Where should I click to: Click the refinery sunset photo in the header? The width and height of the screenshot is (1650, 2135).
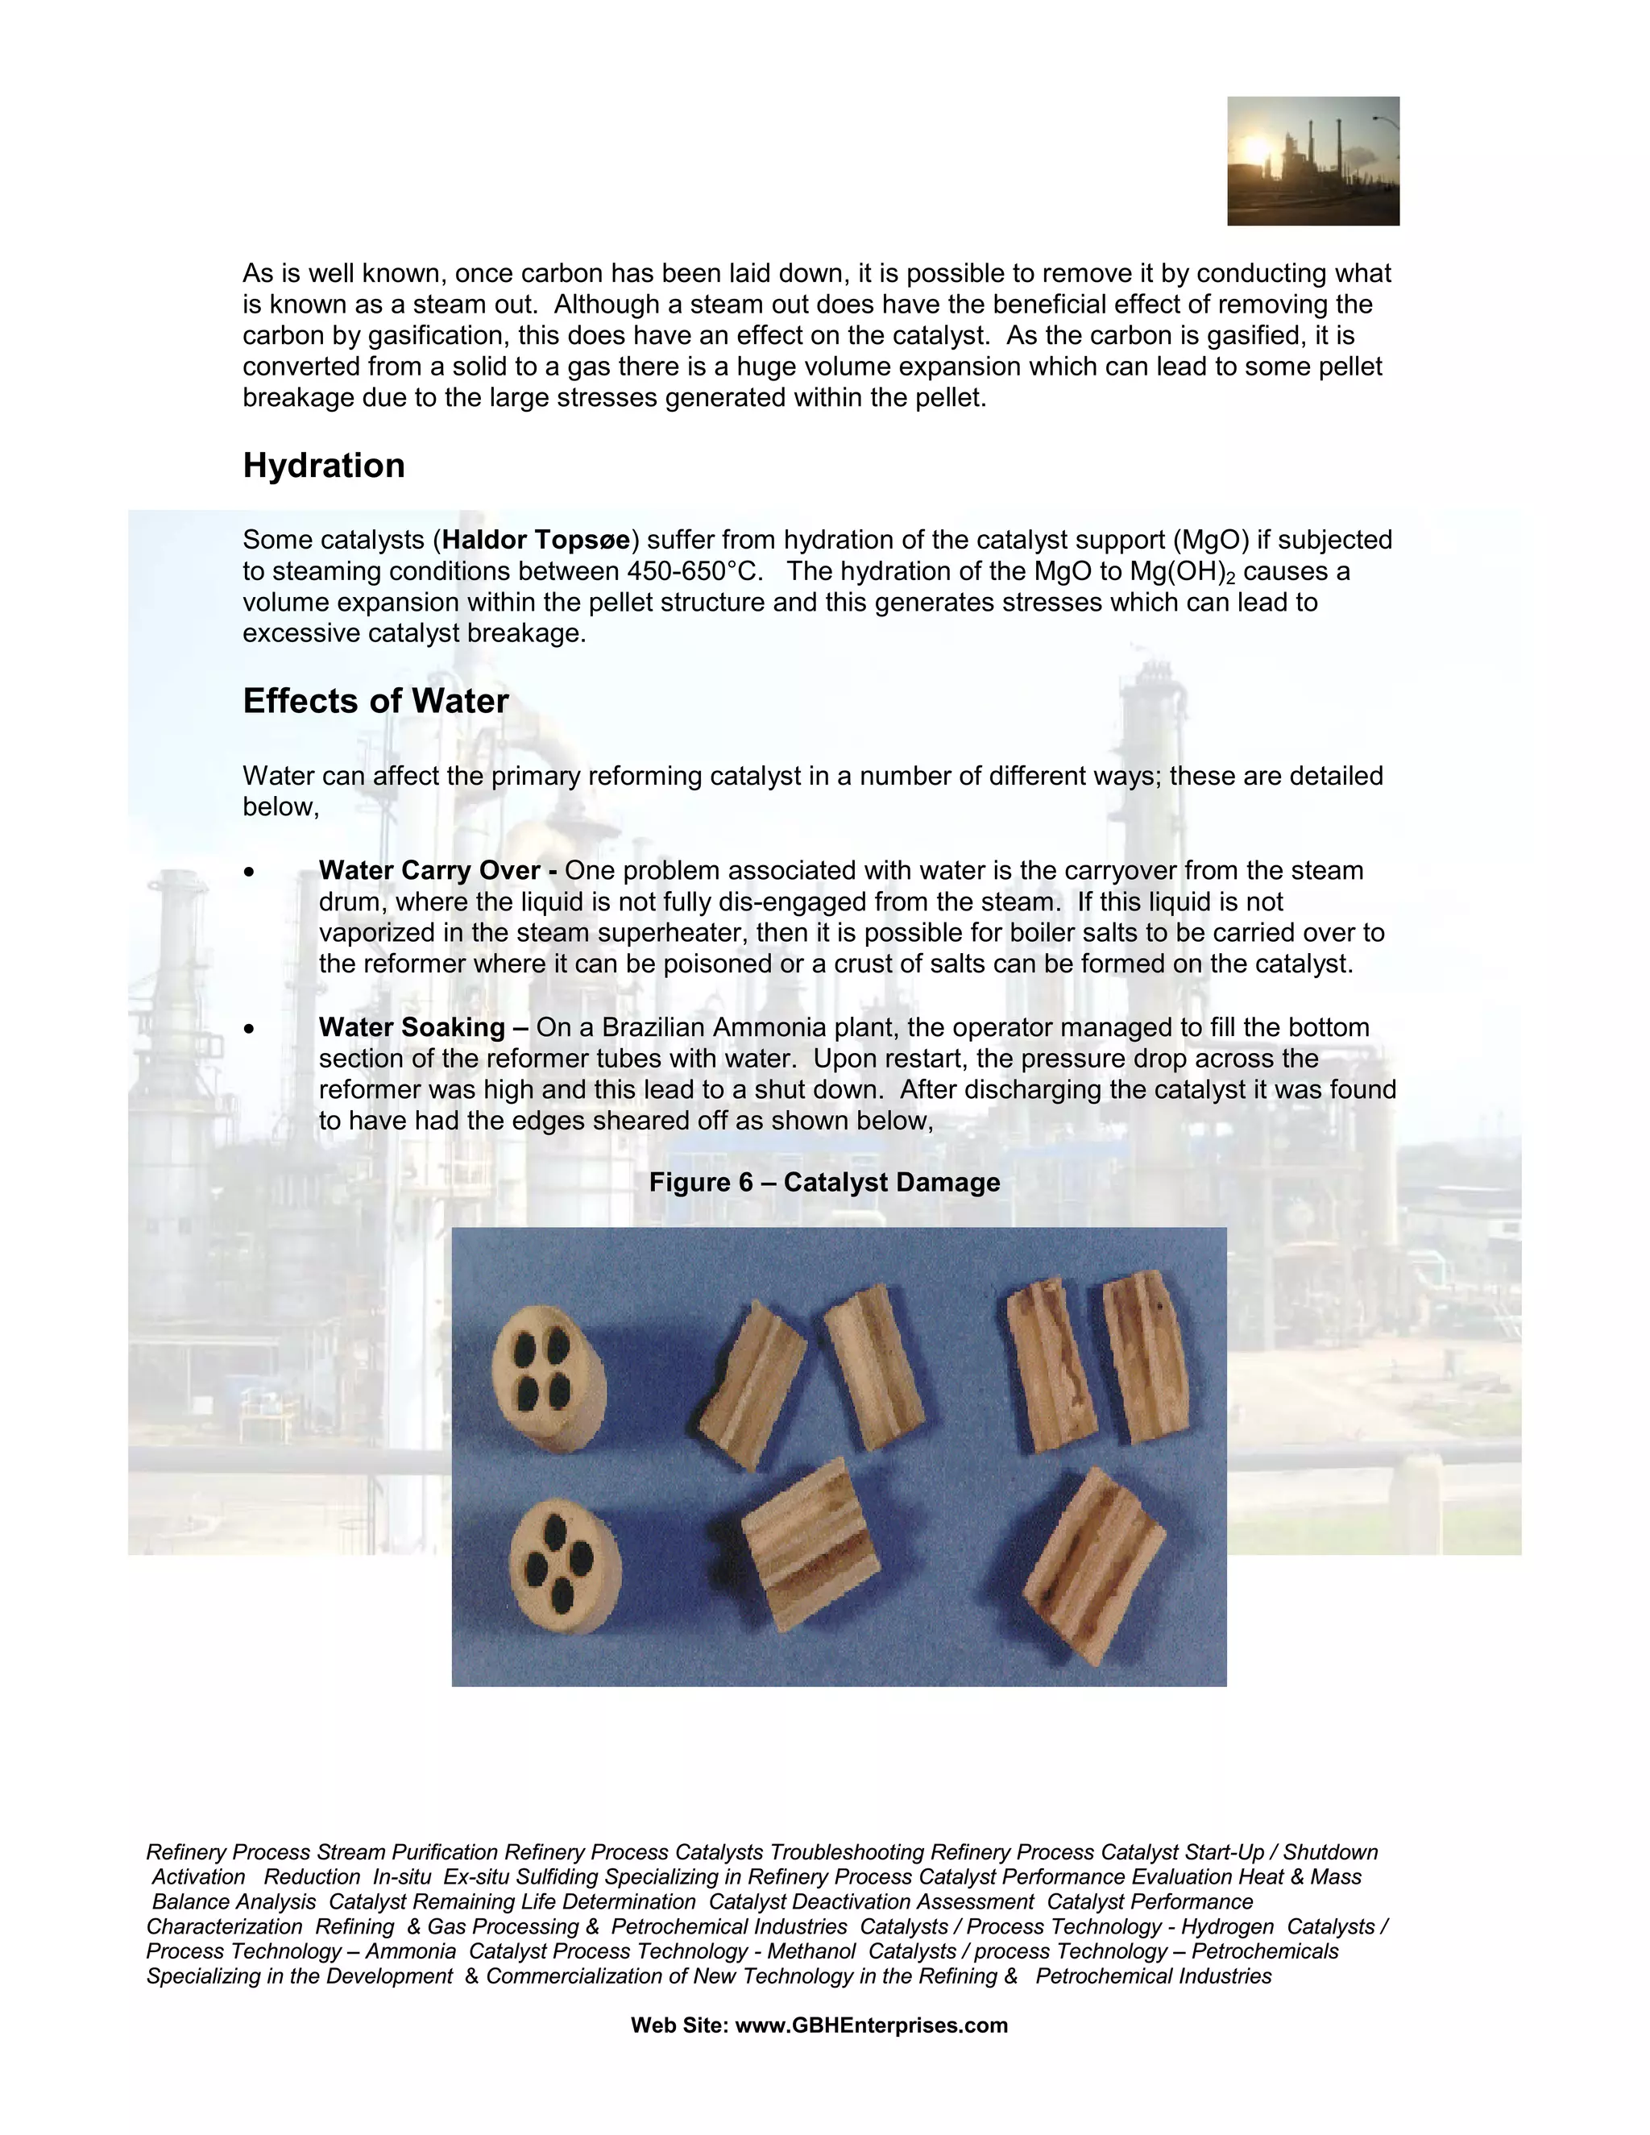(1312, 161)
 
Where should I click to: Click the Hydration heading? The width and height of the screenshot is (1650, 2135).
(324, 466)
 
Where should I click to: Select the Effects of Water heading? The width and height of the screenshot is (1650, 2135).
(375, 701)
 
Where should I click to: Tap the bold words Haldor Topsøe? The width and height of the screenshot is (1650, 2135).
(537, 540)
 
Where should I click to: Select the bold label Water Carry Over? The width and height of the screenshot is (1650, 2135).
(430, 871)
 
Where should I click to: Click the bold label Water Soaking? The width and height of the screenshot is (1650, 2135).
(412, 1027)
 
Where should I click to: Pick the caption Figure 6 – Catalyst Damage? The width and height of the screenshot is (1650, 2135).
(824, 1183)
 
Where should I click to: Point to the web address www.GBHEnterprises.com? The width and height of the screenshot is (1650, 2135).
(871, 2025)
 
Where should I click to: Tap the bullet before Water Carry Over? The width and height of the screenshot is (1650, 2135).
(251, 872)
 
